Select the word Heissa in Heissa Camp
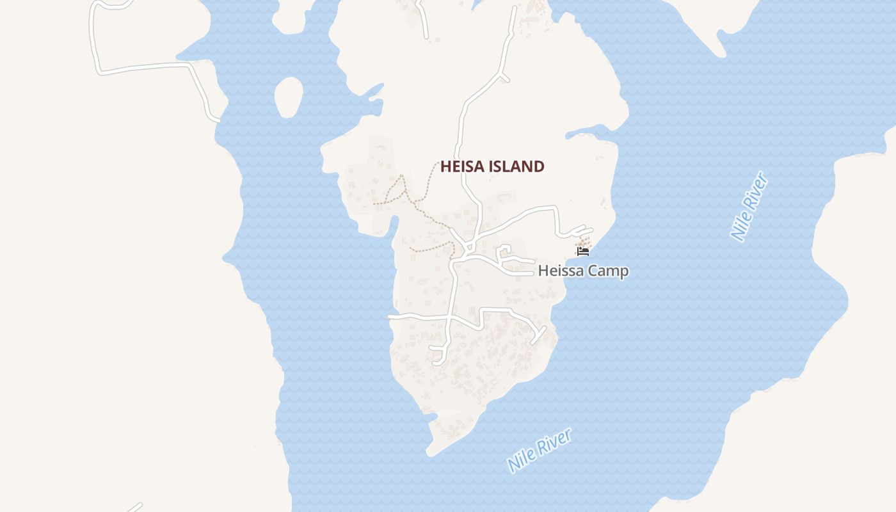pos(561,271)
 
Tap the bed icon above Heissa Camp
pos(582,252)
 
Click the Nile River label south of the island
pos(539,451)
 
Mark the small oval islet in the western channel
pos(289,97)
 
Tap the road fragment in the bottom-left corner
pos(134,508)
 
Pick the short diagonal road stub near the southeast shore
pos(538,335)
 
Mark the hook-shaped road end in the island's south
pos(440,356)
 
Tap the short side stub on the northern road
pos(504,78)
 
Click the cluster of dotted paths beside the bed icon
pos(584,242)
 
